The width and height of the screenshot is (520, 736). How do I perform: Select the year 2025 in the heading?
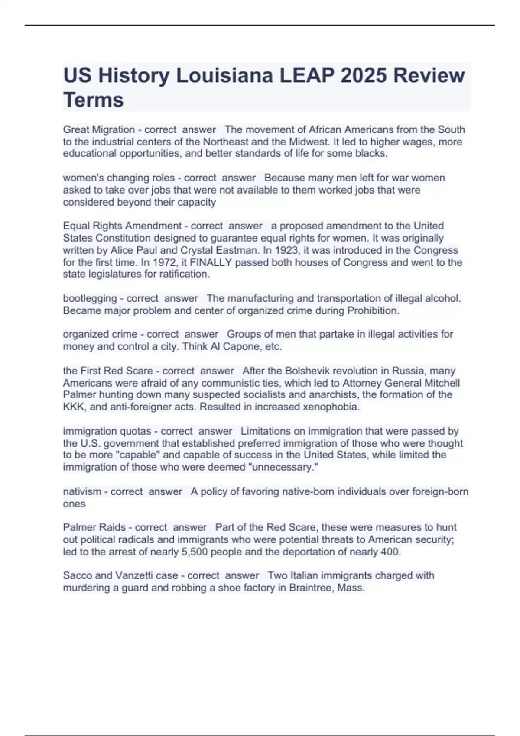pyautogui.click(x=364, y=76)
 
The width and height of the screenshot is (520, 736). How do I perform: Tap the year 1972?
pyautogui.click(x=127, y=262)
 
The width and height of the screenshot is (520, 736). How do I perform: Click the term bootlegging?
pyautogui.click(x=90, y=298)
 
